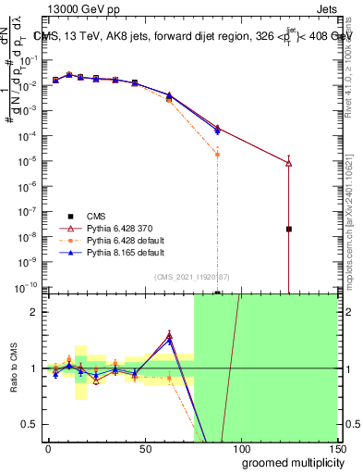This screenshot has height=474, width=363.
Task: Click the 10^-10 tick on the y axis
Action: [27, 286]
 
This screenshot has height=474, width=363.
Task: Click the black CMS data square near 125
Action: [289, 229]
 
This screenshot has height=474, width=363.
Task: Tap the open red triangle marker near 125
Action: [289, 163]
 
